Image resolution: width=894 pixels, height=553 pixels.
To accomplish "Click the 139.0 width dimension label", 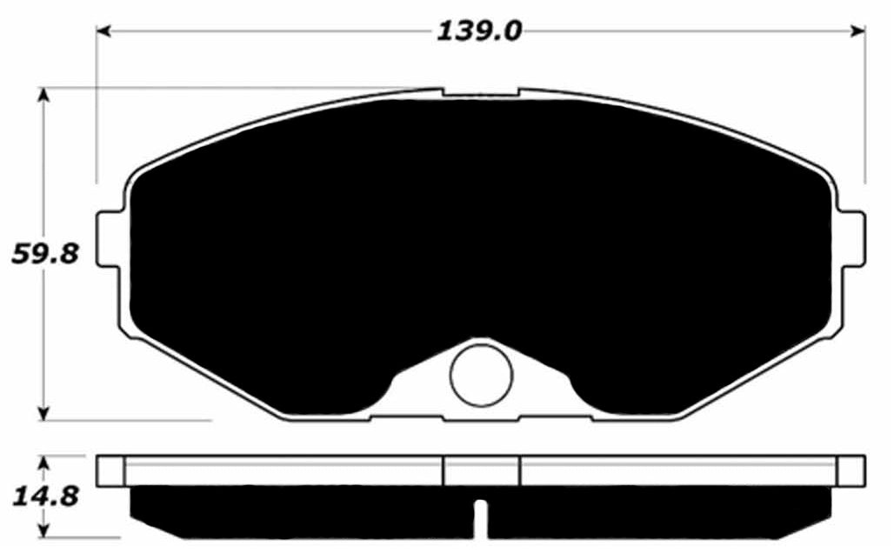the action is (x=479, y=30).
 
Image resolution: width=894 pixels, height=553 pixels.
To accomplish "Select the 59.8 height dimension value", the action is (x=45, y=254).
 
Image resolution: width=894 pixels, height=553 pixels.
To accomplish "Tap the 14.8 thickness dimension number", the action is (x=45, y=496).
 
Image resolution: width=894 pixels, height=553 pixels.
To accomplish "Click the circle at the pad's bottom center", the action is (x=481, y=375).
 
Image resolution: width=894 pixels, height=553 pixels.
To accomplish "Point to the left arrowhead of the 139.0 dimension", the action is (x=103, y=31).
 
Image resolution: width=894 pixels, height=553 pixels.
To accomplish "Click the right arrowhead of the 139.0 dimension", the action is (x=857, y=31).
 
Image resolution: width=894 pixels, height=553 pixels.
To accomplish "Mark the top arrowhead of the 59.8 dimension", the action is (x=43, y=95).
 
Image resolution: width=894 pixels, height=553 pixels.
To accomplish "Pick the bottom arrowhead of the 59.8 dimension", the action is (x=43, y=413).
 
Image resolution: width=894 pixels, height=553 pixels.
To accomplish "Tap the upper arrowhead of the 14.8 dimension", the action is (x=43, y=463).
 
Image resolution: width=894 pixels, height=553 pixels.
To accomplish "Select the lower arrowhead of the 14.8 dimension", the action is (x=43, y=530).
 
